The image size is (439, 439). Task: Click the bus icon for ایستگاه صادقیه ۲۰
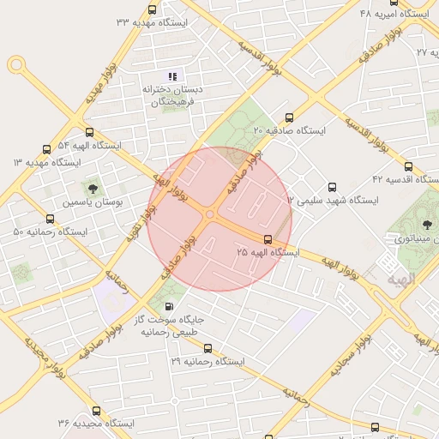[x=287, y=119]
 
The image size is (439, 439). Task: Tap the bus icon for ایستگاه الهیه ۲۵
[x=268, y=239]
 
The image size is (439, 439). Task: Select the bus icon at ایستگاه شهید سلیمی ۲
[x=332, y=187]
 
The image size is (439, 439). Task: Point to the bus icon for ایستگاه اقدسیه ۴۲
[x=407, y=167]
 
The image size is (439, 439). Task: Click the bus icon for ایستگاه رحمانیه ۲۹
[x=207, y=348]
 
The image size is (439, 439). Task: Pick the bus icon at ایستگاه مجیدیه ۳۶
[x=96, y=411]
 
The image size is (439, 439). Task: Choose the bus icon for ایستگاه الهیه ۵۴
[x=90, y=132]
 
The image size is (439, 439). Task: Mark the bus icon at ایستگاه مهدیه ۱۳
[x=46, y=148]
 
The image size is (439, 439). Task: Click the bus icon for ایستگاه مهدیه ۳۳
[x=152, y=9]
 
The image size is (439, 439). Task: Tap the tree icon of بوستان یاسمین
[x=92, y=188]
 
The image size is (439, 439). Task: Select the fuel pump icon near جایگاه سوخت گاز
[x=168, y=306]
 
